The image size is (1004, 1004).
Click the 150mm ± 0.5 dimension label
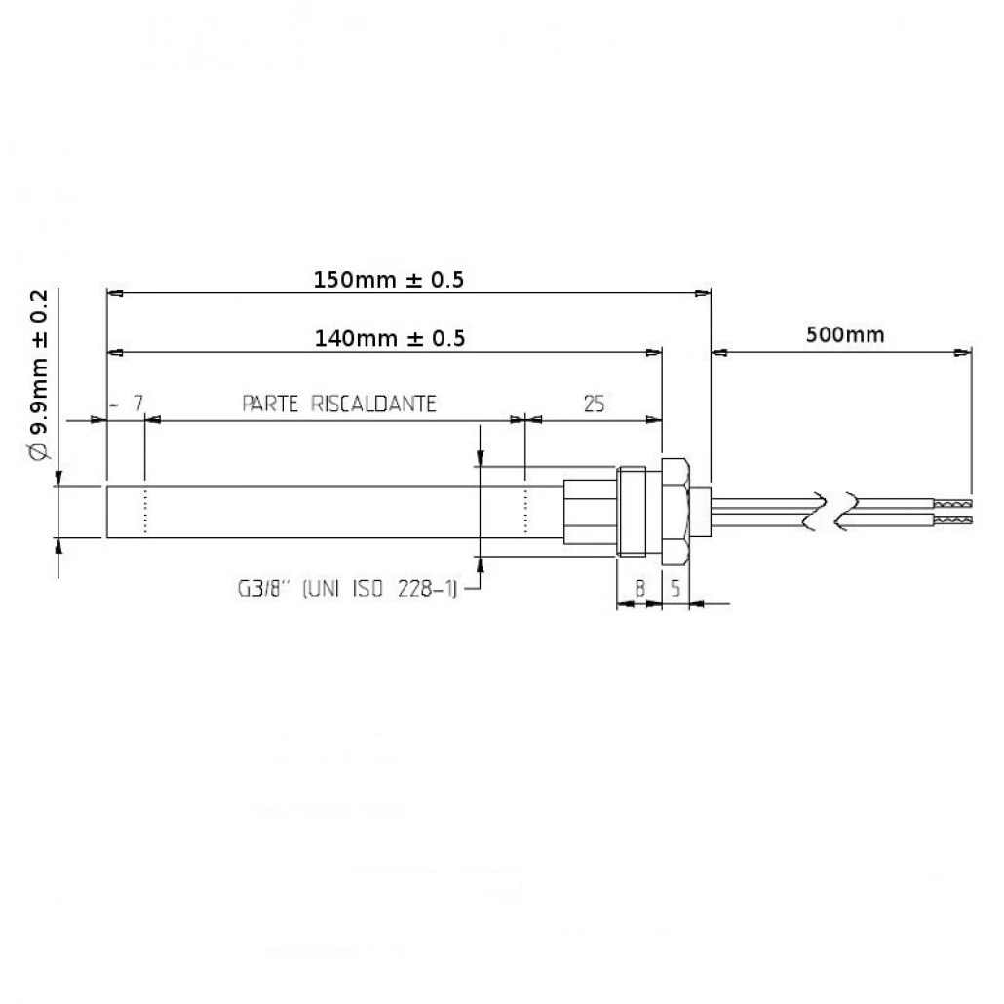point(389,280)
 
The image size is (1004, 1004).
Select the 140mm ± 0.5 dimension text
point(389,338)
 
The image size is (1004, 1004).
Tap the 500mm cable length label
point(844,335)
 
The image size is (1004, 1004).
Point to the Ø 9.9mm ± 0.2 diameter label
point(39,375)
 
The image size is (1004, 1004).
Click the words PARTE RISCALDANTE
point(338,404)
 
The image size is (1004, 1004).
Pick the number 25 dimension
point(592,404)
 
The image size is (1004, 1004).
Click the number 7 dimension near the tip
point(137,404)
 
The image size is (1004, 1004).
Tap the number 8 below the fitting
point(639,589)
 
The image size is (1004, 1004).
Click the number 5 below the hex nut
point(676,589)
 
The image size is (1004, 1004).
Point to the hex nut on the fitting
point(677,512)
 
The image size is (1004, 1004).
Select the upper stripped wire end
point(953,505)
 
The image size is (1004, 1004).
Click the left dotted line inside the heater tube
point(144,512)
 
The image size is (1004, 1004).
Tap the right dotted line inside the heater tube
point(525,512)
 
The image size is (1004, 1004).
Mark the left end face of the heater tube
point(105,512)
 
